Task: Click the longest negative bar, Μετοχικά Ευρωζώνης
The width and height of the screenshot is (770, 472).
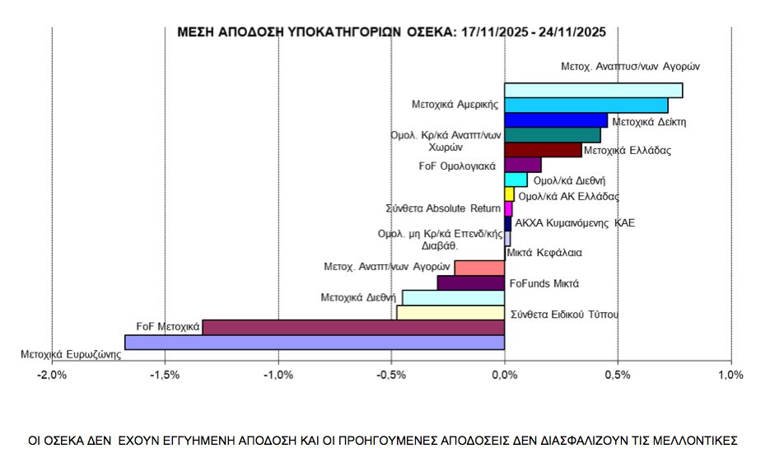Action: (314, 342)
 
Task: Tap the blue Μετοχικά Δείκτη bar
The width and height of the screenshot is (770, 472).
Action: (555, 120)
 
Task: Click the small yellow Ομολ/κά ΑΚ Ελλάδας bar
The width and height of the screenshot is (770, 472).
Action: (509, 194)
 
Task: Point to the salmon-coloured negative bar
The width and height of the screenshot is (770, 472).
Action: (478, 268)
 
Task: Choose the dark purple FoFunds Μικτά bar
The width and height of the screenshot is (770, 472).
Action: (470, 283)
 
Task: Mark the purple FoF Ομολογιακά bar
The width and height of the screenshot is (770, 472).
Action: (522, 165)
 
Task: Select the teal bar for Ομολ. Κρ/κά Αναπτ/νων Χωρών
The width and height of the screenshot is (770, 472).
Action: (552, 135)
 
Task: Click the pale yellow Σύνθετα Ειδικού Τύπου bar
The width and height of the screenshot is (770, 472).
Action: (450, 312)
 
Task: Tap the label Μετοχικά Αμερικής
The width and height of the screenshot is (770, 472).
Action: (455, 105)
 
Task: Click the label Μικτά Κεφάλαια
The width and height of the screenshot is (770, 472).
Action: (544, 253)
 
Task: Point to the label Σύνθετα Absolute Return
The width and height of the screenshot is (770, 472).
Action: (442, 208)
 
